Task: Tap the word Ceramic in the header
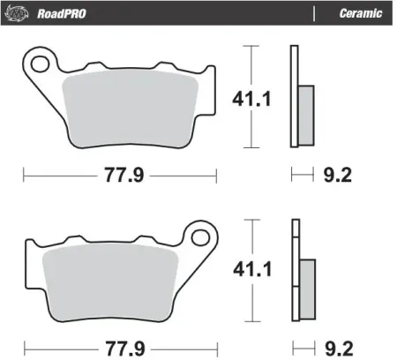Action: [x=360, y=13]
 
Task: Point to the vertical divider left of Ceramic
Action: [x=315, y=13]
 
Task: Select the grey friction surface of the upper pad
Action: [x=132, y=109]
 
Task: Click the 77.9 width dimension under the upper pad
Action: [x=119, y=175]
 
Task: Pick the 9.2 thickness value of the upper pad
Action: [x=336, y=175]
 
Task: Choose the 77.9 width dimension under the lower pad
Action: [x=119, y=345]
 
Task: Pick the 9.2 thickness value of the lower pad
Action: [x=336, y=345]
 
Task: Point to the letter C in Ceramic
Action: [x=342, y=13]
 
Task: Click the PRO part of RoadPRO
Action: [x=70, y=13]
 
